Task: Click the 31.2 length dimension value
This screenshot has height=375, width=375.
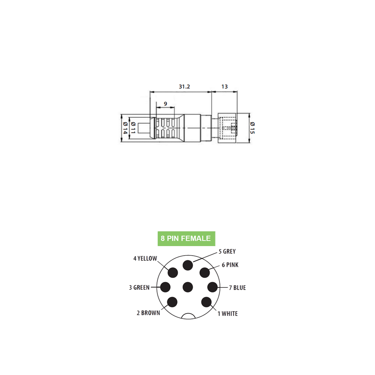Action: [184, 87]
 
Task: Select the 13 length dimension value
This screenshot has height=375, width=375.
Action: [224, 87]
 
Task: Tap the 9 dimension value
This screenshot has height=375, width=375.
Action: [165, 104]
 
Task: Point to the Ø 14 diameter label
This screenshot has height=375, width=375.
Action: [125, 128]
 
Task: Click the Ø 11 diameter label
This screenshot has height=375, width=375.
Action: [133, 128]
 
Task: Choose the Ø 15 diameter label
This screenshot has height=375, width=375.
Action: [252, 128]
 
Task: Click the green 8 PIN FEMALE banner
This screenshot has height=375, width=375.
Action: [186, 238]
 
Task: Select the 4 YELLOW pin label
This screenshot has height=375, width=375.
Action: [145, 258]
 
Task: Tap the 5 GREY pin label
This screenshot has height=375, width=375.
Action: [227, 251]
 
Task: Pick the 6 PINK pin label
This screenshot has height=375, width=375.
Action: [230, 265]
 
